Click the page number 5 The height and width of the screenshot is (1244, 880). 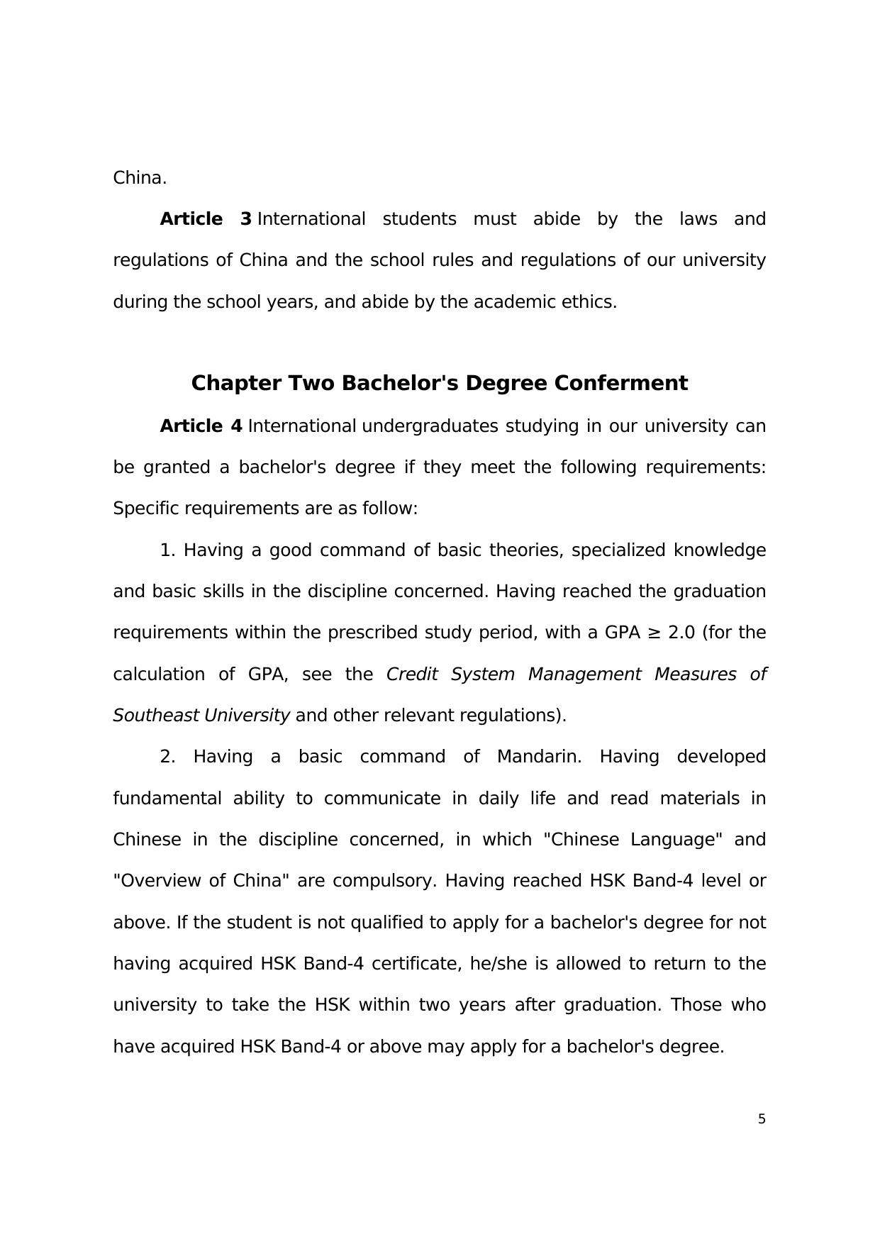point(762,1119)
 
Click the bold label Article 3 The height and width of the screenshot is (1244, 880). point(206,219)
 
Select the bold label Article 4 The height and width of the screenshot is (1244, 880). point(201,426)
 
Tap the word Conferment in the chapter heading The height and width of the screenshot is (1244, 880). point(620,383)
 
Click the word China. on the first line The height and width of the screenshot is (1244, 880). point(140,178)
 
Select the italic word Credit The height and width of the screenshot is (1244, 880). point(411,674)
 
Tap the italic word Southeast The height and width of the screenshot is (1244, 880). point(155,716)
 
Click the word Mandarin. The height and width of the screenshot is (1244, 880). point(539,757)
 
